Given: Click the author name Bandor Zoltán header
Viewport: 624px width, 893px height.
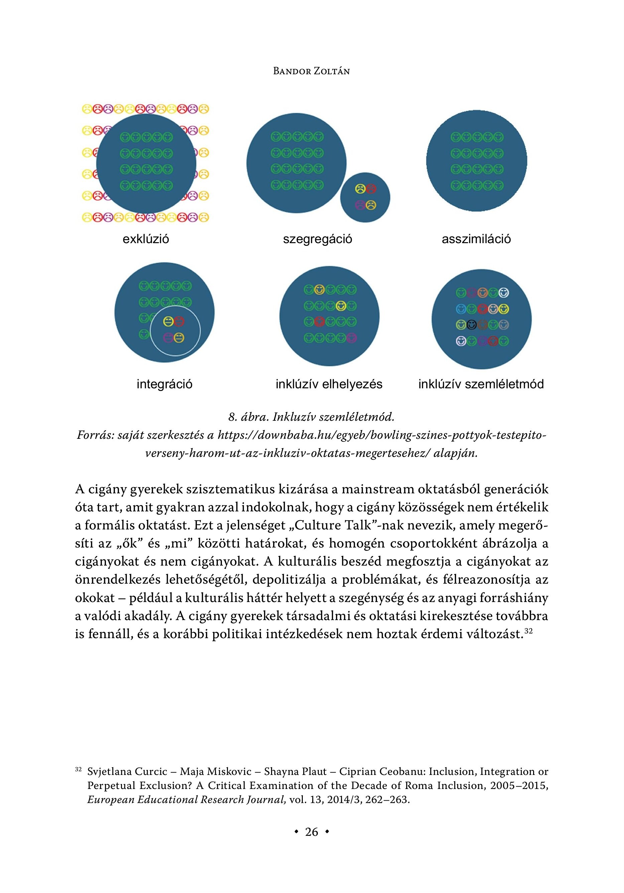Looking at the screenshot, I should (x=311, y=71).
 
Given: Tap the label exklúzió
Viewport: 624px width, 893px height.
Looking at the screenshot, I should (x=146, y=239).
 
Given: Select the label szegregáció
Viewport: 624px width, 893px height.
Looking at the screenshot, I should (x=317, y=239).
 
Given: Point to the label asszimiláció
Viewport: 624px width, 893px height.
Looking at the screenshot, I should (x=476, y=239).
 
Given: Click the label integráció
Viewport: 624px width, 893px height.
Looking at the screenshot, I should (x=164, y=384).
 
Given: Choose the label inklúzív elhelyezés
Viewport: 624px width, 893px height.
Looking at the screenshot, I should (x=329, y=384).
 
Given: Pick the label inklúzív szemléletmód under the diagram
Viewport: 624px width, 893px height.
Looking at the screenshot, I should (x=481, y=384).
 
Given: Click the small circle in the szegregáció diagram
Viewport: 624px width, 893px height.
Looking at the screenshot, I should (x=365, y=198).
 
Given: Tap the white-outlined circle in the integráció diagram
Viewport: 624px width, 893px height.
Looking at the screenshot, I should (x=175, y=330).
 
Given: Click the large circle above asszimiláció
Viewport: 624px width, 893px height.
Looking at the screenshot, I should (x=477, y=161).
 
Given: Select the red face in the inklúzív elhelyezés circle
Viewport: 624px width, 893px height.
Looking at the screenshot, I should (x=319, y=322).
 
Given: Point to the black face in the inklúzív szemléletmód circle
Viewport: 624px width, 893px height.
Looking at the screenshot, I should (x=472, y=324).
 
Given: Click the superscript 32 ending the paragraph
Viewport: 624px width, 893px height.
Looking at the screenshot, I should (x=528, y=632).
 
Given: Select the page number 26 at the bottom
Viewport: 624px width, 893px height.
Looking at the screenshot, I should (x=311, y=832).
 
